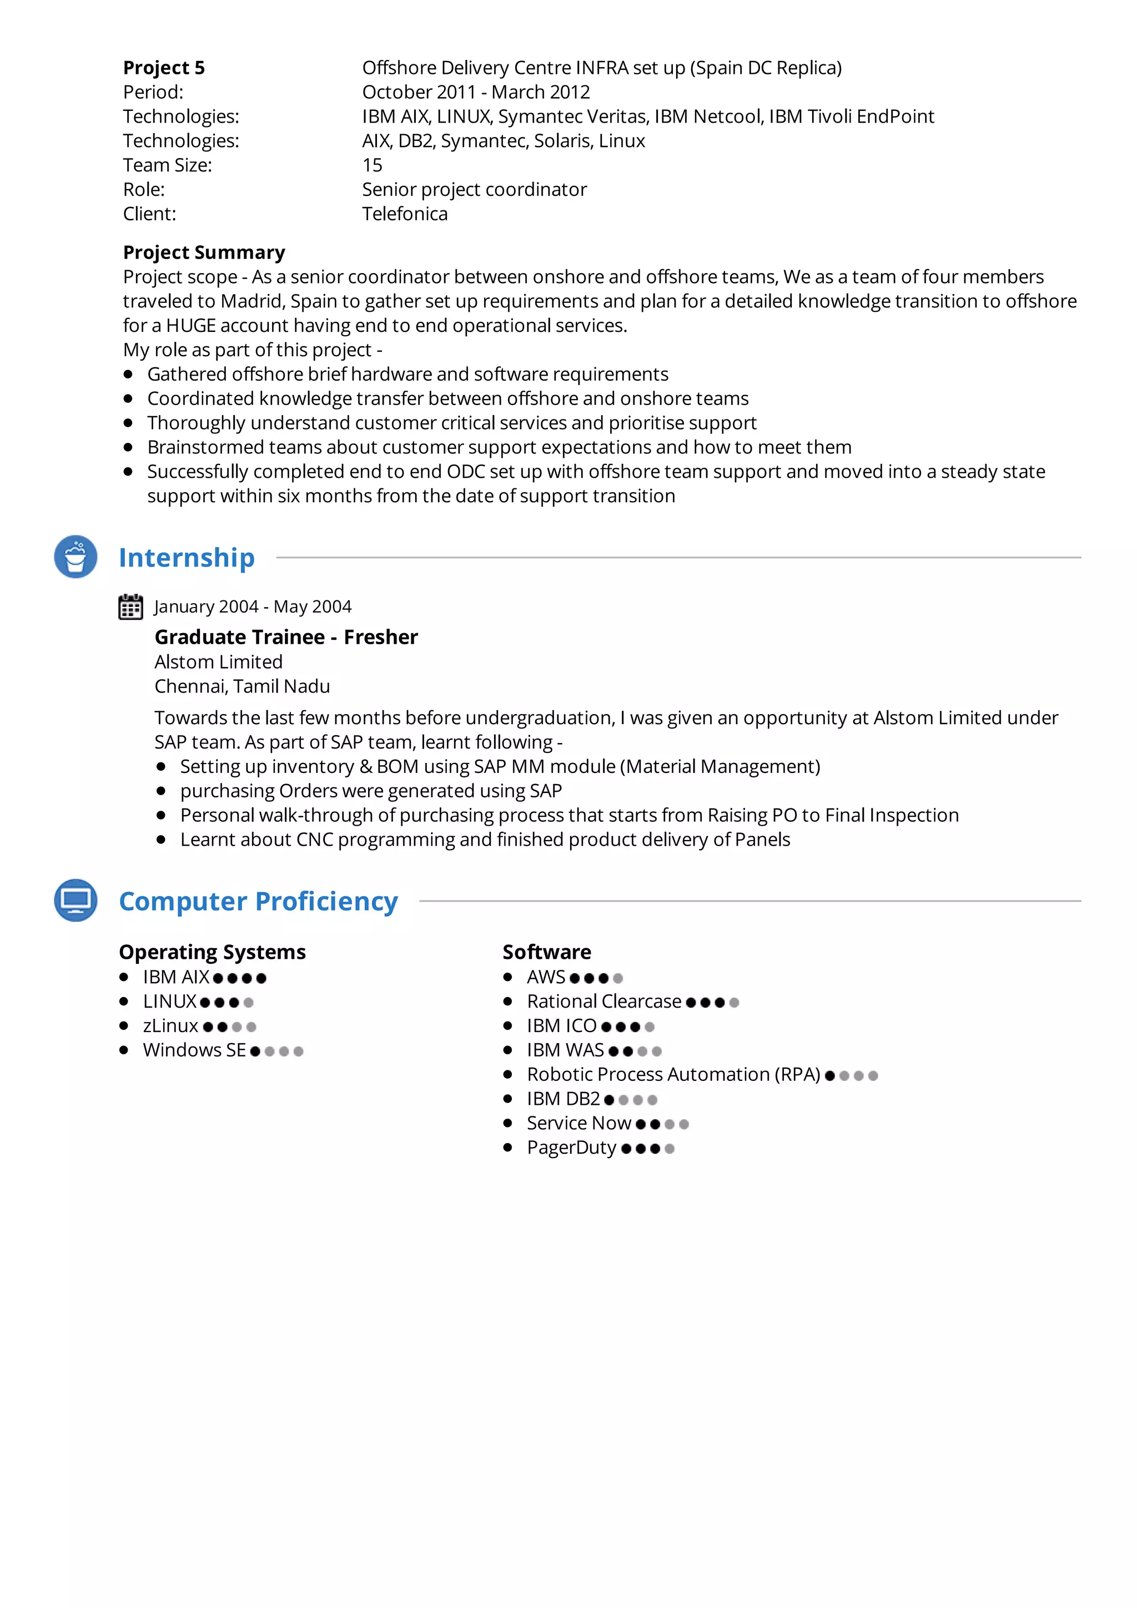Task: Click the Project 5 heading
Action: (164, 68)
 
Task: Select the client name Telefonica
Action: (404, 214)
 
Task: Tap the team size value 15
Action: (372, 165)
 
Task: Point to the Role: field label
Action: (144, 190)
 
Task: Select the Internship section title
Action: (187, 558)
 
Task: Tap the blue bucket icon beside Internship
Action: (76, 557)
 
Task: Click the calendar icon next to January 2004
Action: (130, 607)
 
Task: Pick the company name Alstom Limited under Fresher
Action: (219, 662)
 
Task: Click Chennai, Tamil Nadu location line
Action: (242, 686)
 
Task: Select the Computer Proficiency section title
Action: (258, 901)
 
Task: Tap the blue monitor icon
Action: (76, 900)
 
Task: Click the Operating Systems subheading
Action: (212, 953)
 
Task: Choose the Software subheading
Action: (546, 953)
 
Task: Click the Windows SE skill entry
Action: (194, 1050)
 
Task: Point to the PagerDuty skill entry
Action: (571, 1148)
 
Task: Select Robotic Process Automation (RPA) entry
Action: (672, 1075)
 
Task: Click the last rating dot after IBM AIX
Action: (261, 978)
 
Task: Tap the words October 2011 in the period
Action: (418, 93)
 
